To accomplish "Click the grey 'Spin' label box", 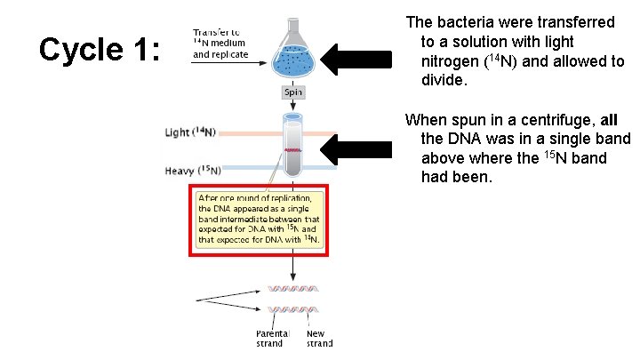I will (x=293, y=92).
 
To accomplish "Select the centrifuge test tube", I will (x=293, y=146).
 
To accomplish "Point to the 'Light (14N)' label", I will (x=190, y=132).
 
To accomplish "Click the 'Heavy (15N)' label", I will (x=191, y=171).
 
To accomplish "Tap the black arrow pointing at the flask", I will (x=355, y=60).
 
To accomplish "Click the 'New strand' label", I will (x=319, y=339).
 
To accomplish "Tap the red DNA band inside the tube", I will (x=293, y=151).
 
